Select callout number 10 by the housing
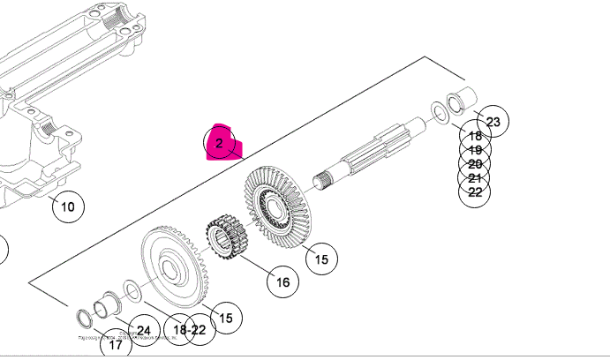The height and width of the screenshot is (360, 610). click(68, 208)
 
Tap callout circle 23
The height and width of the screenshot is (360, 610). click(493, 122)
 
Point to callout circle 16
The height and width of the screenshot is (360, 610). click(282, 282)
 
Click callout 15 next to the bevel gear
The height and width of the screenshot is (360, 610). click(321, 259)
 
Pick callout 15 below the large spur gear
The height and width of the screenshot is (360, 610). click(225, 318)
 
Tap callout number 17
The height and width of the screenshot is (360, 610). click(116, 345)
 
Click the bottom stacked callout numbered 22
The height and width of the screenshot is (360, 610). click(475, 191)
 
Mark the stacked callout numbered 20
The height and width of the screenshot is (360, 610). click(475, 163)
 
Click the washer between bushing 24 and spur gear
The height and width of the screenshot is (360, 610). click(130, 289)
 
